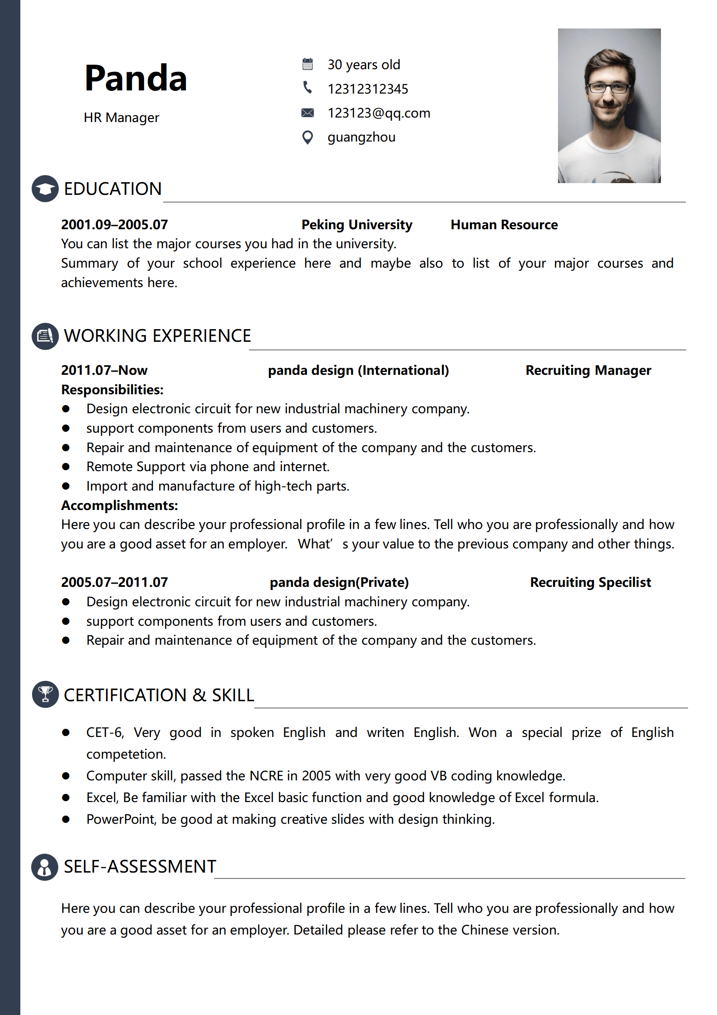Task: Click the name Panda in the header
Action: point(136,79)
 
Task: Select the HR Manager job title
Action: point(122,118)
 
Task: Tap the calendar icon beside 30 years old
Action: point(308,64)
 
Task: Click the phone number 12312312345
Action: point(368,89)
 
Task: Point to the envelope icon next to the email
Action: point(308,113)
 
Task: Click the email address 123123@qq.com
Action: point(379,113)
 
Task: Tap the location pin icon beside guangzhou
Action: point(308,137)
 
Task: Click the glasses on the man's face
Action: point(608,88)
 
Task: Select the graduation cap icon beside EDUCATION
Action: point(45,189)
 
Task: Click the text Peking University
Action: point(357,225)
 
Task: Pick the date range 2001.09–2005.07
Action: point(114,225)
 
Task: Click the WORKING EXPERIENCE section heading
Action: point(157,336)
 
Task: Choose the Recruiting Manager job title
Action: point(588,370)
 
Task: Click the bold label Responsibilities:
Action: point(112,390)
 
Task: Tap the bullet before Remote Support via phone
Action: point(66,467)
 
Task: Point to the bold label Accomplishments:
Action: point(120,505)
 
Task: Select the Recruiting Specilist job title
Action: point(590,582)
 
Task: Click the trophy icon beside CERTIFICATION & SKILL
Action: point(45,694)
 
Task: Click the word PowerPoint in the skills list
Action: point(121,819)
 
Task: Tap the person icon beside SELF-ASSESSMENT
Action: point(45,867)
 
